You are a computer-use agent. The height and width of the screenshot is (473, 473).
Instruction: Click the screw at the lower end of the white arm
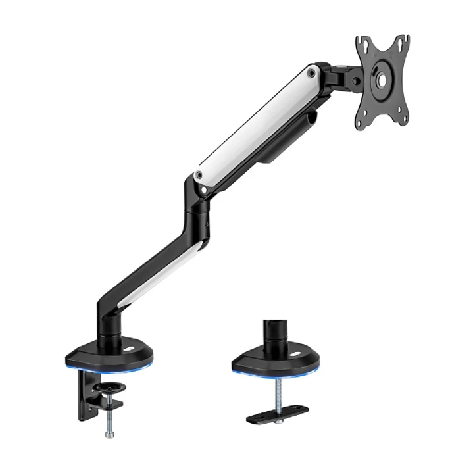coord(198,175)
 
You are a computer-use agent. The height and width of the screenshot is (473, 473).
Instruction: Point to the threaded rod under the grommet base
coord(278,391)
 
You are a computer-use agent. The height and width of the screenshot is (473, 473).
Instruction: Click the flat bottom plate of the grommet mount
coord(277,414)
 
